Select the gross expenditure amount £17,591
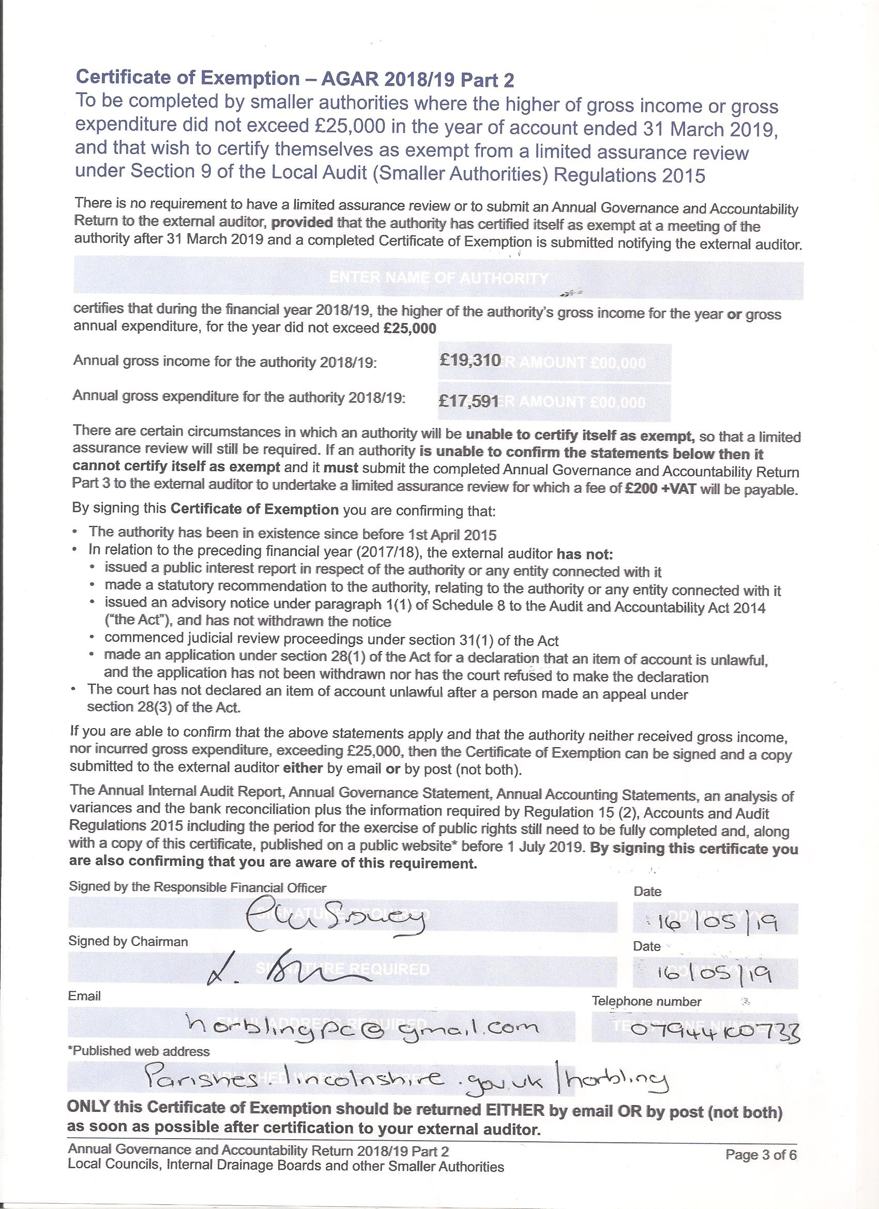click(x=468, y=401)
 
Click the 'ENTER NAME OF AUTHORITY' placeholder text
click(x=438, y=278)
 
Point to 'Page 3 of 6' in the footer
click(x=761, y=1166)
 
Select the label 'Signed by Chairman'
click(x=128, y=942)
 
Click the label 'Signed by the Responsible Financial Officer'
click(x=197, y=887)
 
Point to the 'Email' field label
click(x=84, y=996)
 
